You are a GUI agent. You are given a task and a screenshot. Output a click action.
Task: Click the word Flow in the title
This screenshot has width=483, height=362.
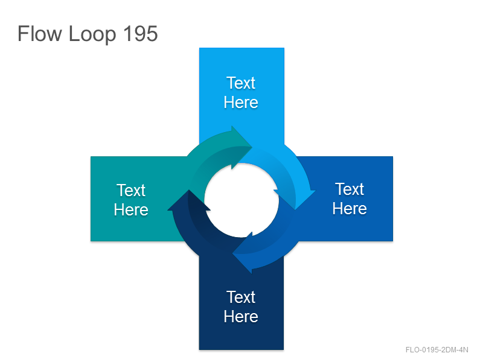click(40, 34)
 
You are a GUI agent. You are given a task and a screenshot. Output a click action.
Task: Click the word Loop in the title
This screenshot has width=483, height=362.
click(92, 35)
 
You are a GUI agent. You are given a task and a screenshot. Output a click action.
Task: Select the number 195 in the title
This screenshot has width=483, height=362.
click(141, 34)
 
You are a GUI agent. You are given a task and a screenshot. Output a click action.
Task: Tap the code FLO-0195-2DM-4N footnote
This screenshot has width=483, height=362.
click(437, 350)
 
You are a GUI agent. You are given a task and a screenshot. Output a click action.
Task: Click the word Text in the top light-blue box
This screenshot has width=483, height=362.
click(241, 83)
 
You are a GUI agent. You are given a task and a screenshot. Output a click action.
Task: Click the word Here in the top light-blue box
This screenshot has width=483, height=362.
click(241, 102)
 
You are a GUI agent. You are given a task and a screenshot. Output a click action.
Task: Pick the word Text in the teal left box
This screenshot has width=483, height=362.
click(131, 190)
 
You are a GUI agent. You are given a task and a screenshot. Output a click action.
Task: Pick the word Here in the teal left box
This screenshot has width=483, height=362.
click(131, 209)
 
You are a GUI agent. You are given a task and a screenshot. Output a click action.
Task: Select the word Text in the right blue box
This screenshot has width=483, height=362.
click(350, 189)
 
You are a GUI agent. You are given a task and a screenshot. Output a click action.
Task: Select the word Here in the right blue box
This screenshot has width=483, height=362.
click(350, 208)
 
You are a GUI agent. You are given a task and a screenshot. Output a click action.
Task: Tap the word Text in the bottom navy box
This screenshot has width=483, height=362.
click(241, 297)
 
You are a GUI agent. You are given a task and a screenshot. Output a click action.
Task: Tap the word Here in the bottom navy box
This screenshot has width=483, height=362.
click(241, 316)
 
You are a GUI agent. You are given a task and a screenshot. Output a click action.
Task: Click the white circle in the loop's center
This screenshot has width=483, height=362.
click(241, 200)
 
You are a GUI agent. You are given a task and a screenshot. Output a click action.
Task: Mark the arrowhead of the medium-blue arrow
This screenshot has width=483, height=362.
click(243, 253)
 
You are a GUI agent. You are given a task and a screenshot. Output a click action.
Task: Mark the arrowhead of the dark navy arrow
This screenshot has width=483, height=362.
click(188, 201)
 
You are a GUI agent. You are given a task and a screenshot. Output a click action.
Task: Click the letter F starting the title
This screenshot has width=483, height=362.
click(23, 34)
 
